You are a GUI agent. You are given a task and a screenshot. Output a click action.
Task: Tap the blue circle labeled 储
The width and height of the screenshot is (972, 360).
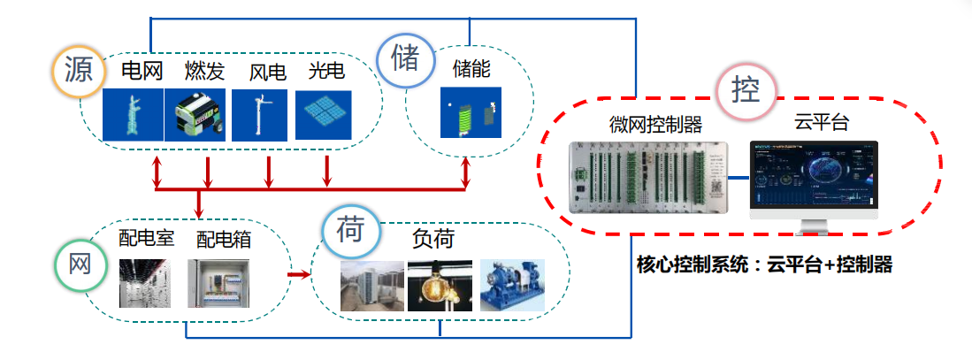tap(405, 59)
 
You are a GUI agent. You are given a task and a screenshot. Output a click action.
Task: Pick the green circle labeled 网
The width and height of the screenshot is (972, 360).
tap(80, 264)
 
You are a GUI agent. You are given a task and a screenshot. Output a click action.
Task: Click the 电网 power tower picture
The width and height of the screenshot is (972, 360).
tap(133, 115)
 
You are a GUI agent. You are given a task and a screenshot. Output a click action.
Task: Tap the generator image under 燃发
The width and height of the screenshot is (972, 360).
tap(195, 115)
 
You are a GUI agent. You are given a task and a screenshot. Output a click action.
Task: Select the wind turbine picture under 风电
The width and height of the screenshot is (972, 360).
tap(259, 115)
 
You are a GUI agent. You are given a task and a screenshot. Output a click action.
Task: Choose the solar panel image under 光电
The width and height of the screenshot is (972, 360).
tap(323, 115)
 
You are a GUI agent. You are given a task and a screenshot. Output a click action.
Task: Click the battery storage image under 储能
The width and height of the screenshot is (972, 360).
tap(471, 112)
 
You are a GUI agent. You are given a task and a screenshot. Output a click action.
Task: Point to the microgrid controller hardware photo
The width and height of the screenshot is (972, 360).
tap(648, 179)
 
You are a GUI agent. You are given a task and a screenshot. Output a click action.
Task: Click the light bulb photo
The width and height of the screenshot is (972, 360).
tap(440, 285)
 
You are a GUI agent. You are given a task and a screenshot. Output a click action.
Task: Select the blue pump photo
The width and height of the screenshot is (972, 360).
tap(512, 285)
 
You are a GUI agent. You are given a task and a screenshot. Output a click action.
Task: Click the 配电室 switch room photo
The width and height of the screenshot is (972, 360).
tap(145, 283)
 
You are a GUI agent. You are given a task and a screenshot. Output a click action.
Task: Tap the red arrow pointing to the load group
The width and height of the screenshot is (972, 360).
tap(299, 274)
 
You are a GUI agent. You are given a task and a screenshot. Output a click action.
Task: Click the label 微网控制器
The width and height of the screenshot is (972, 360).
tap(656, 126)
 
